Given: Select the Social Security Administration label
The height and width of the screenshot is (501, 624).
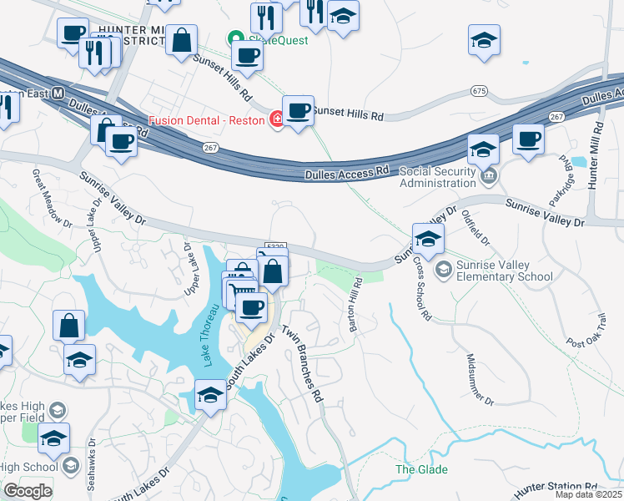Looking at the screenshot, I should coord(448,177).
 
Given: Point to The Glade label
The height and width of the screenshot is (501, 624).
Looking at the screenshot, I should coord(415,469).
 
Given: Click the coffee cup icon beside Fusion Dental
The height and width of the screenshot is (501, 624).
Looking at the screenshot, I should coord(298,112).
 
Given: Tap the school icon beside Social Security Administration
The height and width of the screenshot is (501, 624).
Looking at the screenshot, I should coord(483,149).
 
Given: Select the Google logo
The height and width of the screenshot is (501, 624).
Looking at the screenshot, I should coord(28,491).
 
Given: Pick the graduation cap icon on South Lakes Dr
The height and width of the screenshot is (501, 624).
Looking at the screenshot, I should coord(210,396).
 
